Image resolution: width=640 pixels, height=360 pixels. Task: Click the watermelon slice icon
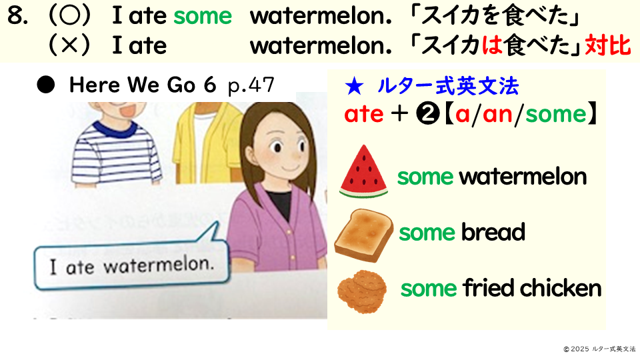coord(363,171)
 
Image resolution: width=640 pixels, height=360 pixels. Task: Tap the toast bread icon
coord(363,235)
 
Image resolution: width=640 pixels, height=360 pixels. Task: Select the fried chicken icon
coord(362,291)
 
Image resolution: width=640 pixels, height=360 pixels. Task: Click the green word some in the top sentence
coord(203,16)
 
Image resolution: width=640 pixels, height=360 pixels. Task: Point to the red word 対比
coord(608,45)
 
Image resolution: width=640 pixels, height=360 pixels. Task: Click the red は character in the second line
coord(491,45)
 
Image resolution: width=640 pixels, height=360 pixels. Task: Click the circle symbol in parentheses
coord(69,16)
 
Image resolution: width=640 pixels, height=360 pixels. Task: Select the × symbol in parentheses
coord(69,45)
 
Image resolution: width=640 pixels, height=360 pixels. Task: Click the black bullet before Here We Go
coord(46,85)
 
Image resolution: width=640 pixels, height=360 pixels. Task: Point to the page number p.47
coord(251,86)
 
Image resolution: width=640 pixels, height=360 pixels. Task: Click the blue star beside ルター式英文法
coord(354,87)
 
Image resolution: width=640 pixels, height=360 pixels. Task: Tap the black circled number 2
coord(427,114)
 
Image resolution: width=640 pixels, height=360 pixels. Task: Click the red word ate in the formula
coord(364,114)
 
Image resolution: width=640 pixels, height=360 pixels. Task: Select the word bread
coord(493,232)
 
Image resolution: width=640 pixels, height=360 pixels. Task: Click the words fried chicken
coord(532,288)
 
